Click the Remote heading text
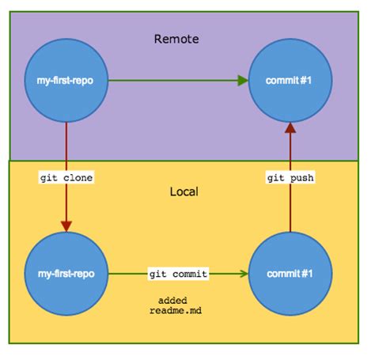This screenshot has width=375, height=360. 176,38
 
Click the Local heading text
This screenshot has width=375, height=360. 184,192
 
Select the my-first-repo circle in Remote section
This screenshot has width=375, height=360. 66,81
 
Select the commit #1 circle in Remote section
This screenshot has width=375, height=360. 290,81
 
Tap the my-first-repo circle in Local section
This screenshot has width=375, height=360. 66,274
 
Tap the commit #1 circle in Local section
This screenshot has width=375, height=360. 290,274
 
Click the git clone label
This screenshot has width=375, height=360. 66,178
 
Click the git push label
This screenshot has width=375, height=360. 290,178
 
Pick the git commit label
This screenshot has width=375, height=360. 178,274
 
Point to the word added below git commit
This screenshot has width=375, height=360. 172,300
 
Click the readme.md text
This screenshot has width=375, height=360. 172,311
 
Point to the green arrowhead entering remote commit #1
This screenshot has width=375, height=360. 243,81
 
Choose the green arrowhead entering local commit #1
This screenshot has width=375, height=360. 243,274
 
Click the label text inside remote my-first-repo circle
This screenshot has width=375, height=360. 66,81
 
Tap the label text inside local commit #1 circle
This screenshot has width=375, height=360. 290,274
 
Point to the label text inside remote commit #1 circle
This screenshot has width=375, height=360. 290,81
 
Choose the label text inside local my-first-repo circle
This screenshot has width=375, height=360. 66,274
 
